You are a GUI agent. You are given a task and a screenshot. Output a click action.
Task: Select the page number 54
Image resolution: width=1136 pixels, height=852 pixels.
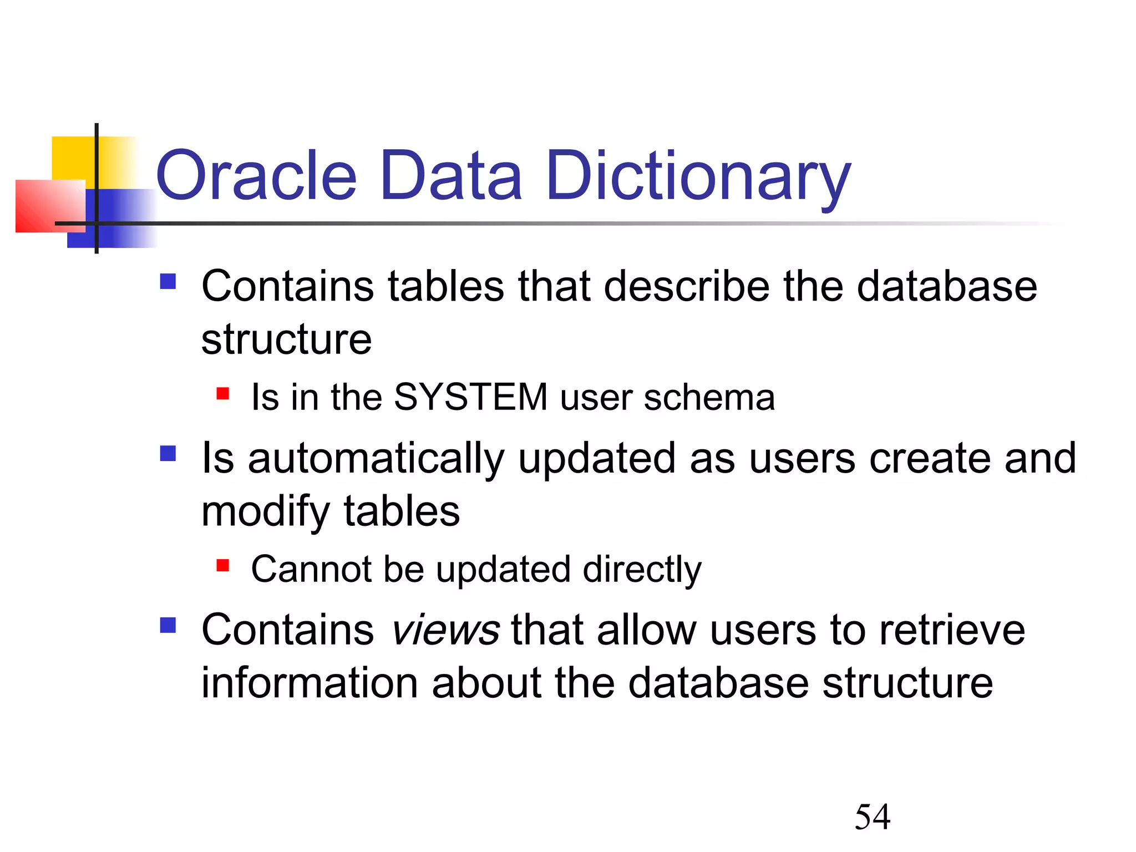pos(873,818)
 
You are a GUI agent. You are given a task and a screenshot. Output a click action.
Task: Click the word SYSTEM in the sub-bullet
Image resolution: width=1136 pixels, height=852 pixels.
pos(470,397)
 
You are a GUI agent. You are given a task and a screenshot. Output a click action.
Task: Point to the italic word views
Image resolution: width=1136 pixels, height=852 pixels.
pos(445,631)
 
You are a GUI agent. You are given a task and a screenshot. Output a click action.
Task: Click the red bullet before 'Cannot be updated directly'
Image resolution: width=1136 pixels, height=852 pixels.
pos(223,566)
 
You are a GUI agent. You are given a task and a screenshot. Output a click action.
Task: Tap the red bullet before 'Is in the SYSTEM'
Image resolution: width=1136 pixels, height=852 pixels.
pos(223,394)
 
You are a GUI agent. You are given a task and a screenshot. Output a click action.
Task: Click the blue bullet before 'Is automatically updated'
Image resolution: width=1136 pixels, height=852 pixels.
pos(168,454)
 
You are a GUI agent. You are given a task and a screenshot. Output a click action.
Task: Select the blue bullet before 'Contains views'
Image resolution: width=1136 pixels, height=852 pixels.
pos(168,626)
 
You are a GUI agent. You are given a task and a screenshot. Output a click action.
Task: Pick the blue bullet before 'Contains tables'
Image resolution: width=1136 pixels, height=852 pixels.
pos(168,282)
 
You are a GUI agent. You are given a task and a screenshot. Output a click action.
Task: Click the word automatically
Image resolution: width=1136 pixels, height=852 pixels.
pos(376,459)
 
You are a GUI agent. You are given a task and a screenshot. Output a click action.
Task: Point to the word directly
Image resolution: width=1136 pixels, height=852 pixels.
pos(642,570)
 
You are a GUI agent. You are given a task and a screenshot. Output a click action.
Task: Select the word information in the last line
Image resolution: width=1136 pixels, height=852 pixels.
pos(309,683)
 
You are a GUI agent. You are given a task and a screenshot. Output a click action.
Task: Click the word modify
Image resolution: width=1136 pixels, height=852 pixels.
pos(265,511)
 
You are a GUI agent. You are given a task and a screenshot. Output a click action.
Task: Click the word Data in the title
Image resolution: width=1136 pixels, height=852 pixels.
pos(450,176)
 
